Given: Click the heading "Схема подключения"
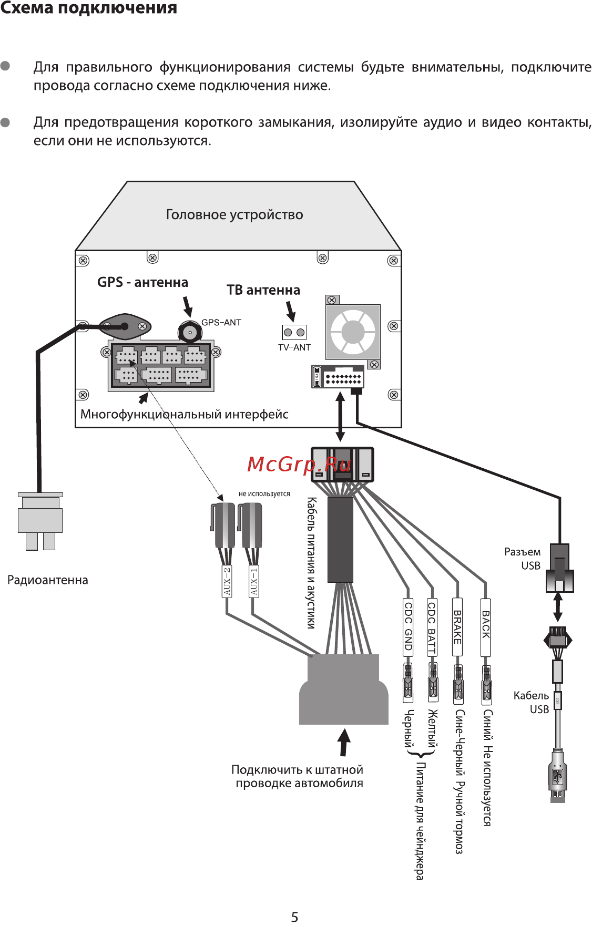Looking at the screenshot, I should pyautogui.click(x=88, y=8).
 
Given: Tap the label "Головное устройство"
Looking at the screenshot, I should pyautogui.click(x=234, y=214).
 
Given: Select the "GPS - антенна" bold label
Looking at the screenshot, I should pyautogui.click(x=142, y=282).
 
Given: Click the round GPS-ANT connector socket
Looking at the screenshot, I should pyautogui.click(x=189, y=332).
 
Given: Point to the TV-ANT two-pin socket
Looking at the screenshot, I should pyautogui.click(x=294, y=332).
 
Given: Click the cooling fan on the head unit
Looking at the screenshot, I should pyautogui.click(x=353, y=332).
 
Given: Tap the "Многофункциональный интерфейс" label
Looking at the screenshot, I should pyautogui.click(x=184, y=414).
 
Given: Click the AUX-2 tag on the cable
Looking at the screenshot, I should pyautogui.click(x=227, y=581).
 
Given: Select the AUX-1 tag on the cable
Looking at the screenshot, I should pyautogui.click(x=253, y=581).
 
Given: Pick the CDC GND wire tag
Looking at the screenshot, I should pyautogui.click(x=408, y=626).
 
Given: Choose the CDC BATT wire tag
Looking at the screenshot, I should pyautogui.click(x=432, y=626).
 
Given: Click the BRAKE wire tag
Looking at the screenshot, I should pyautogui.click(x=457, y=626).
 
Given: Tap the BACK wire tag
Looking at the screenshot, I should pyautogui.click(x=486, y=626).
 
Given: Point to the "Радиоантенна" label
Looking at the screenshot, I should pyautogui.click(x=48, y=580).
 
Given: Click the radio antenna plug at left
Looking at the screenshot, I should pyautogui.click(x=40, y=520).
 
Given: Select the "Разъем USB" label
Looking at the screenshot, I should pyautogui.click(x=523, y=559).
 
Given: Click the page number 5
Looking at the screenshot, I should pyautogui.click(x=294, y=917).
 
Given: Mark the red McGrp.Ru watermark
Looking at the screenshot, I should pyautogui.click(x=299, y=464).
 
